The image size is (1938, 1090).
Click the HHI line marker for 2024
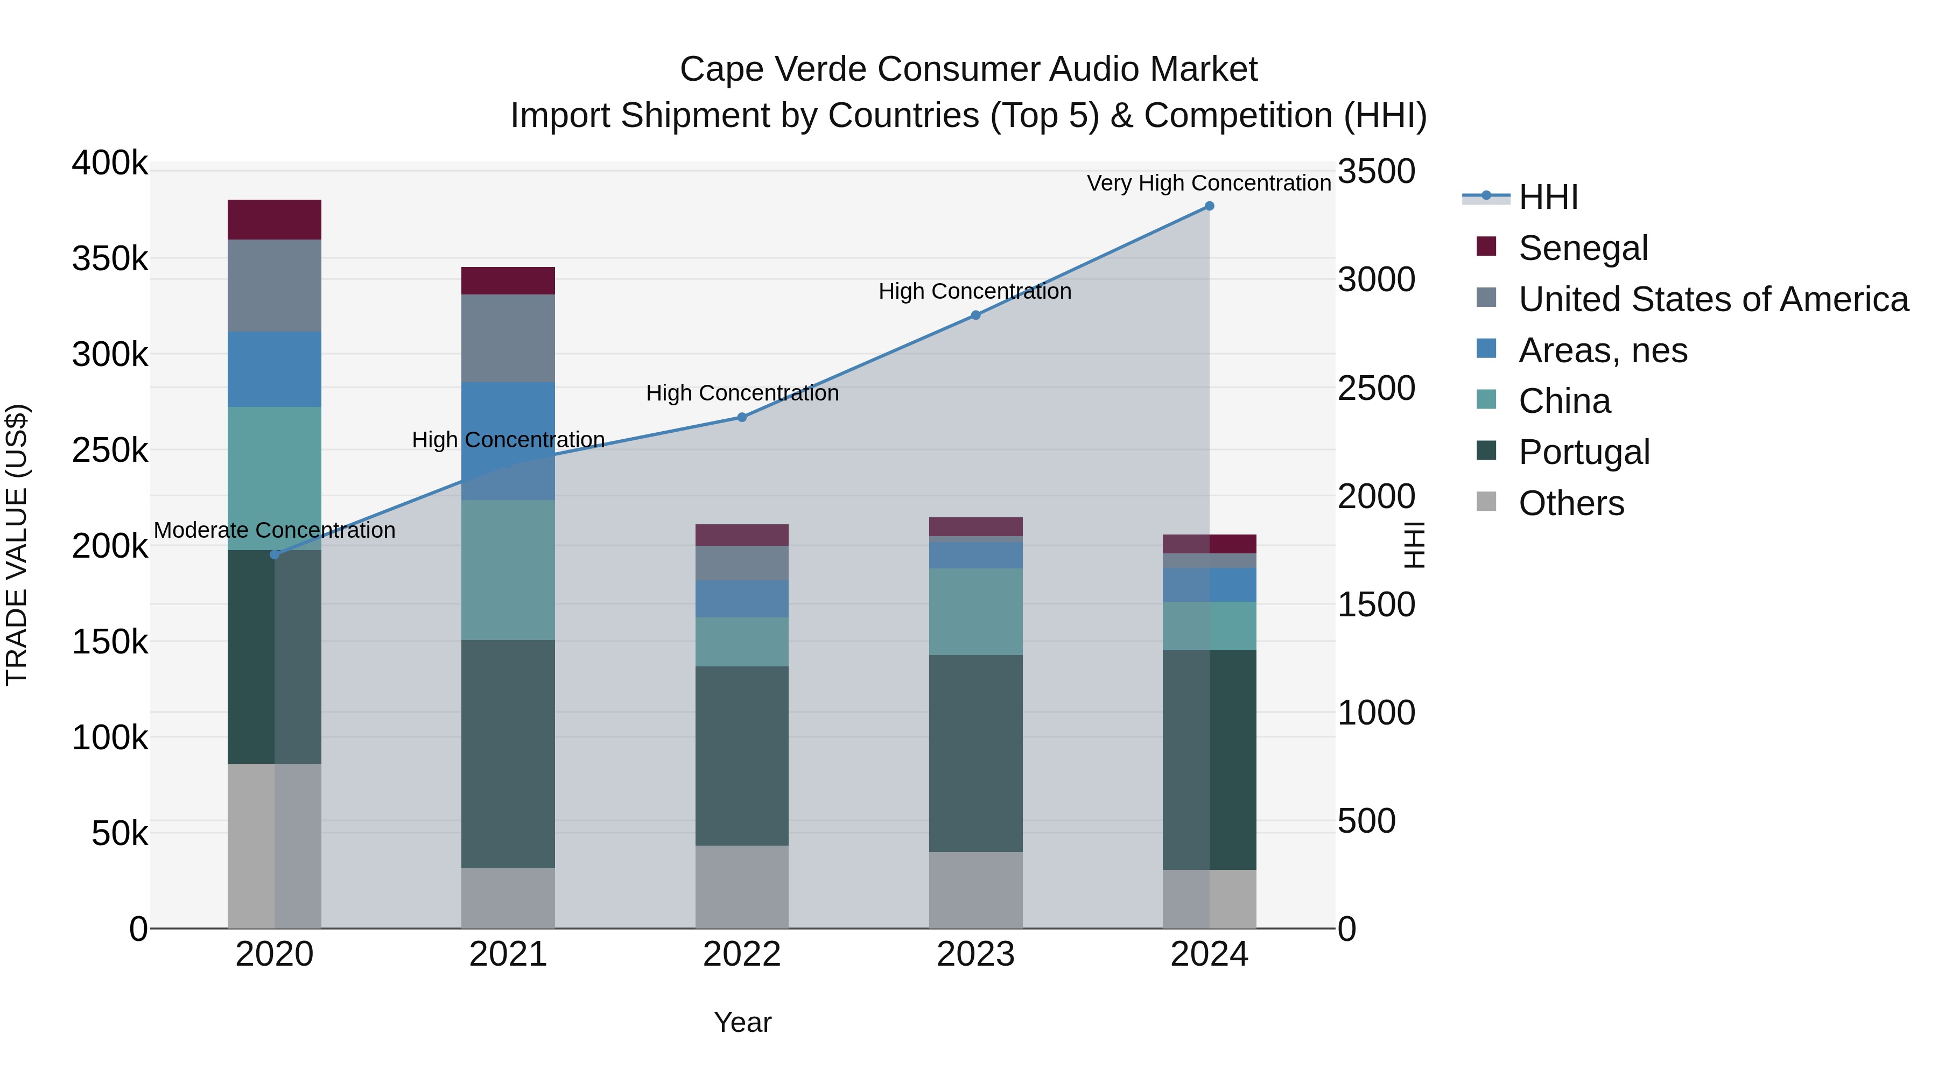(1209, 206)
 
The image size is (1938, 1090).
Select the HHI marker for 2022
(742, 418)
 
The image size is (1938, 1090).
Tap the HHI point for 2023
(976, 315)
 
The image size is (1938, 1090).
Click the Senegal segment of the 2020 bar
(275, 220)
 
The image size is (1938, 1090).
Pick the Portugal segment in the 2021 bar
(508, 754)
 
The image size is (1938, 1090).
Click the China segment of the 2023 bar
(976, 611)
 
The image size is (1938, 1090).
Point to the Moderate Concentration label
(275, 530)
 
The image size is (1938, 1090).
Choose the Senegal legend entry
(1583, 248)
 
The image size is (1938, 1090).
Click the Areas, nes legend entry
(1603, 350)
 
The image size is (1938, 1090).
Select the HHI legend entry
(1548, 197)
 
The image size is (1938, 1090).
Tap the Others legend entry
(1571, 503)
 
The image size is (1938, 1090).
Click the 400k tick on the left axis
(110, 163)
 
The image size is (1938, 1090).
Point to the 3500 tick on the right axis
(1376, 172)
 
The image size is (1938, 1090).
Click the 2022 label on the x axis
(742, 954)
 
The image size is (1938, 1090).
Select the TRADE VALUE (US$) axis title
(17, 545)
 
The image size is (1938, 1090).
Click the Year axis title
(742, 1022)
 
